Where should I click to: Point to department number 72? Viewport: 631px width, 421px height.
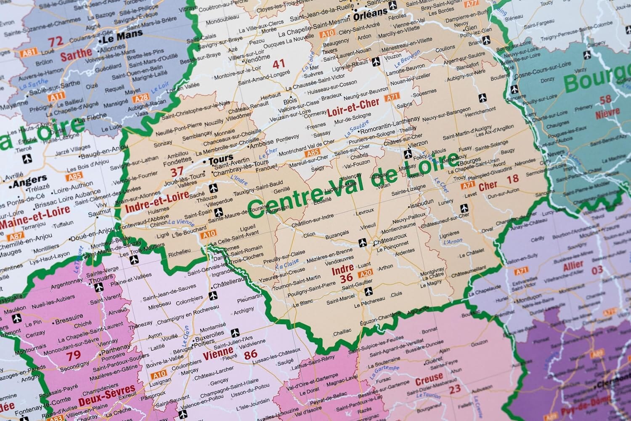pos(56,42)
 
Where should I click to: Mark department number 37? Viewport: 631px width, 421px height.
pos(177,172)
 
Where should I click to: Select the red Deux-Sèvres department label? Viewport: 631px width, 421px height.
pos(107,395)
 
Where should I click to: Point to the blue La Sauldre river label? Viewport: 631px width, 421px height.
pos(357,129)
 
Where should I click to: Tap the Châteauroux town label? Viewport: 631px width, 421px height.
pos(390,240)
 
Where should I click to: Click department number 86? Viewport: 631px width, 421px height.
pos(251,354)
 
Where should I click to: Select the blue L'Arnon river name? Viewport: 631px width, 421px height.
pos(453,242)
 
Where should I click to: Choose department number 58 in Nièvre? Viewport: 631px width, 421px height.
pos(605,100)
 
